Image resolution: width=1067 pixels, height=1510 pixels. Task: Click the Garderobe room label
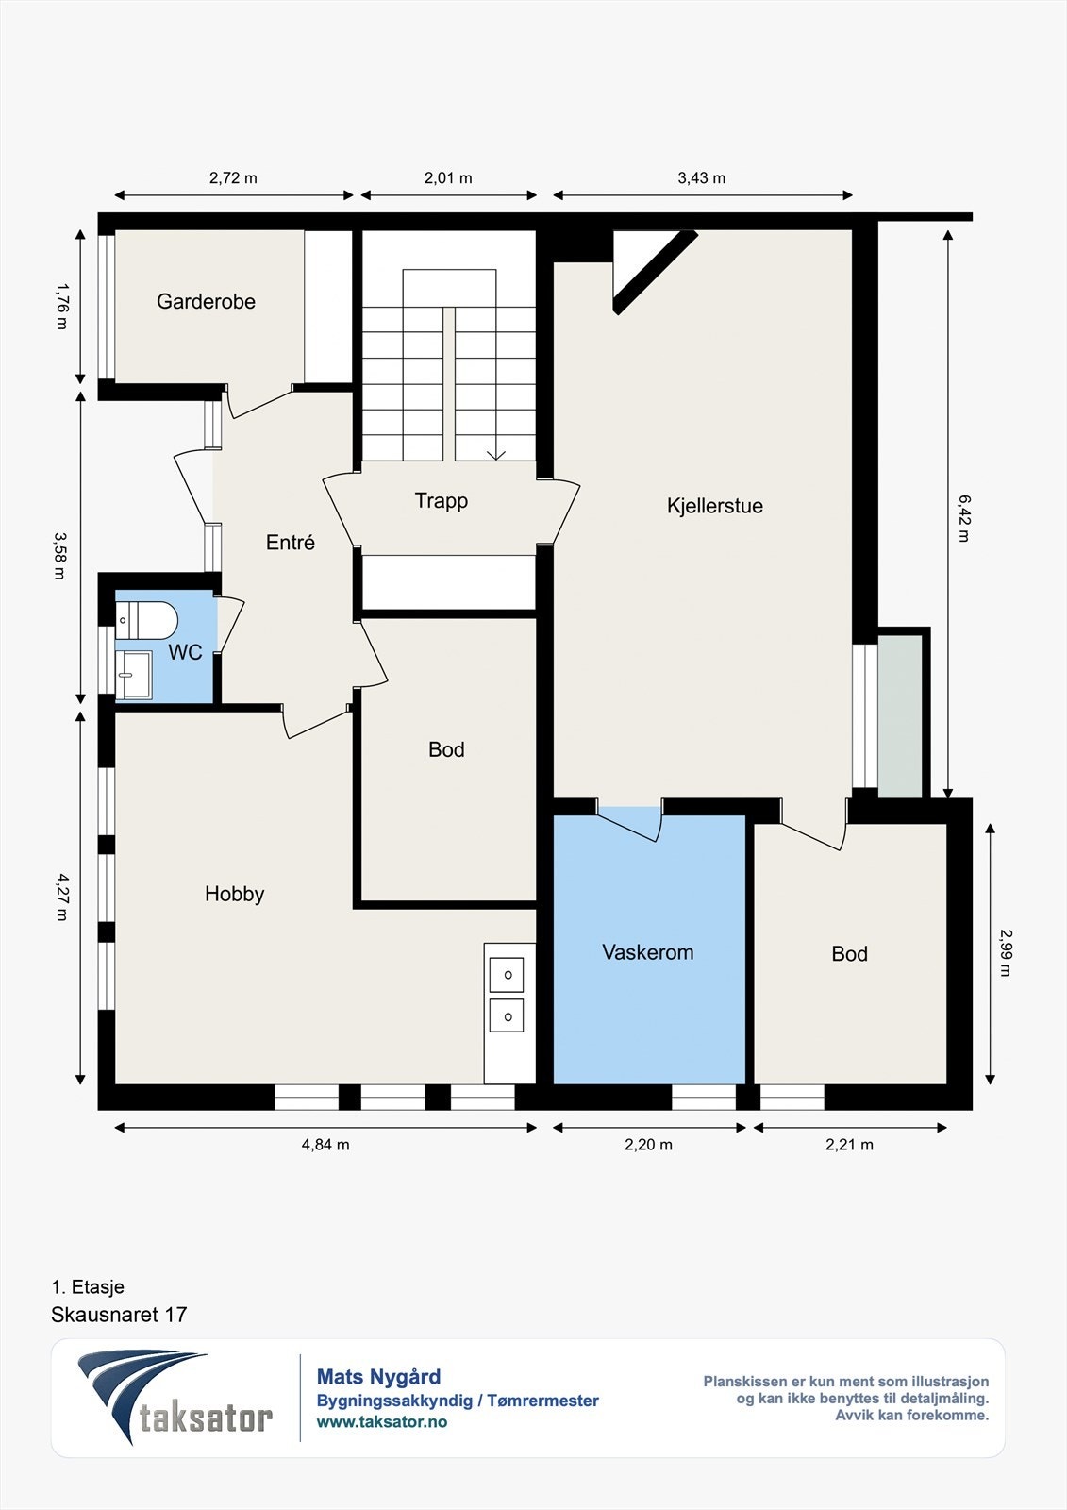pyautogui.click(x=206, y=301)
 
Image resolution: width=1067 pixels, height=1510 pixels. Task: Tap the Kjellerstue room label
pyautogui.click(x=714, y=506)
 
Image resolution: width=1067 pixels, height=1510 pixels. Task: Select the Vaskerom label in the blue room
pyautogui.click(x=648, y=952)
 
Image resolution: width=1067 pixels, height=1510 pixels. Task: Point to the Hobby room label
pyautogui.click(x=235, y=894)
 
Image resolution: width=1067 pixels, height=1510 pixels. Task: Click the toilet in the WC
pyautogui.click(x=146, y=620)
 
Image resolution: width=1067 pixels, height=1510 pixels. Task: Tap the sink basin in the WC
pyautogui.click(x=133, y=675)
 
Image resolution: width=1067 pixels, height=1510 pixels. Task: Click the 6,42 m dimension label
pyautogui.click(x=964, y=518)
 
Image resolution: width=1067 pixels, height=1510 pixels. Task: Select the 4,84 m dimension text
pyautogui.click(x=325, y=1145)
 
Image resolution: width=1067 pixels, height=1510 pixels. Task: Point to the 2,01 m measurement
pyautogui.click(x=448, y=178)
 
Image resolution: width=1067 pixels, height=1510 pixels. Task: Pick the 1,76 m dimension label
pyautogui.click(x=62, y=306)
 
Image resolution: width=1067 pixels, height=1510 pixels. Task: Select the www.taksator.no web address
pyautogui.click(x=382, y=1421)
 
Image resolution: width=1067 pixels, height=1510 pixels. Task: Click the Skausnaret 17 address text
pyautogui.click(x=119, y=1315)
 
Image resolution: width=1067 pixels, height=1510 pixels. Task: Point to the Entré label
pyautogui.click(x=290, y=542)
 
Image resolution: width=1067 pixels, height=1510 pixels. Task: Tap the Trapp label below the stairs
pyautogui.click(x=441, y=501)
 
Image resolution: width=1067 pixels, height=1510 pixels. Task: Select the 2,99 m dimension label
pyautogui.click(x=1006, y=953)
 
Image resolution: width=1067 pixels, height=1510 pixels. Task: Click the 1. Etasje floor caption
pyautogui.click(x=88, y=1287)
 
